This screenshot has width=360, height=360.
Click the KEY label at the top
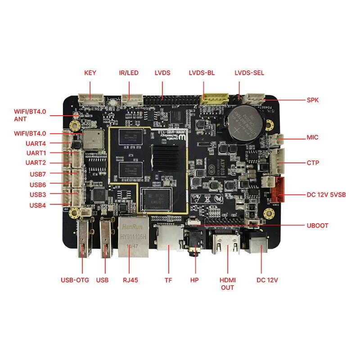click(x=90, y=73)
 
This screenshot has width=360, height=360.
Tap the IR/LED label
click(x=129, y=73)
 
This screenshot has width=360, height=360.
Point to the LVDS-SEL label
click(x=249, y=73)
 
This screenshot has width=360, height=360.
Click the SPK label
click(x=312, y=100)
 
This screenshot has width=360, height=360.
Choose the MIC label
click(x=312, y=137)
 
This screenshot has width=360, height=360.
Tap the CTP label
click(x=312, y=162)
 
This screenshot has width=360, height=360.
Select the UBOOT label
click(x=317, y=225)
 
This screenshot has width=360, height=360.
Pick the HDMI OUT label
click(x=227, y=283)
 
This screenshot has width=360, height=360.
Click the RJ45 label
click(x=130, y=280)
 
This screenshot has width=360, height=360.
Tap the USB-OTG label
click(x=75, y=280)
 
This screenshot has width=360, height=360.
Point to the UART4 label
click(x=36, y=144)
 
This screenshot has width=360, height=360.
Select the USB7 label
click(x=38, y=174)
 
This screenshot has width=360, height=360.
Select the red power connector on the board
click(x=278, y=190)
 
